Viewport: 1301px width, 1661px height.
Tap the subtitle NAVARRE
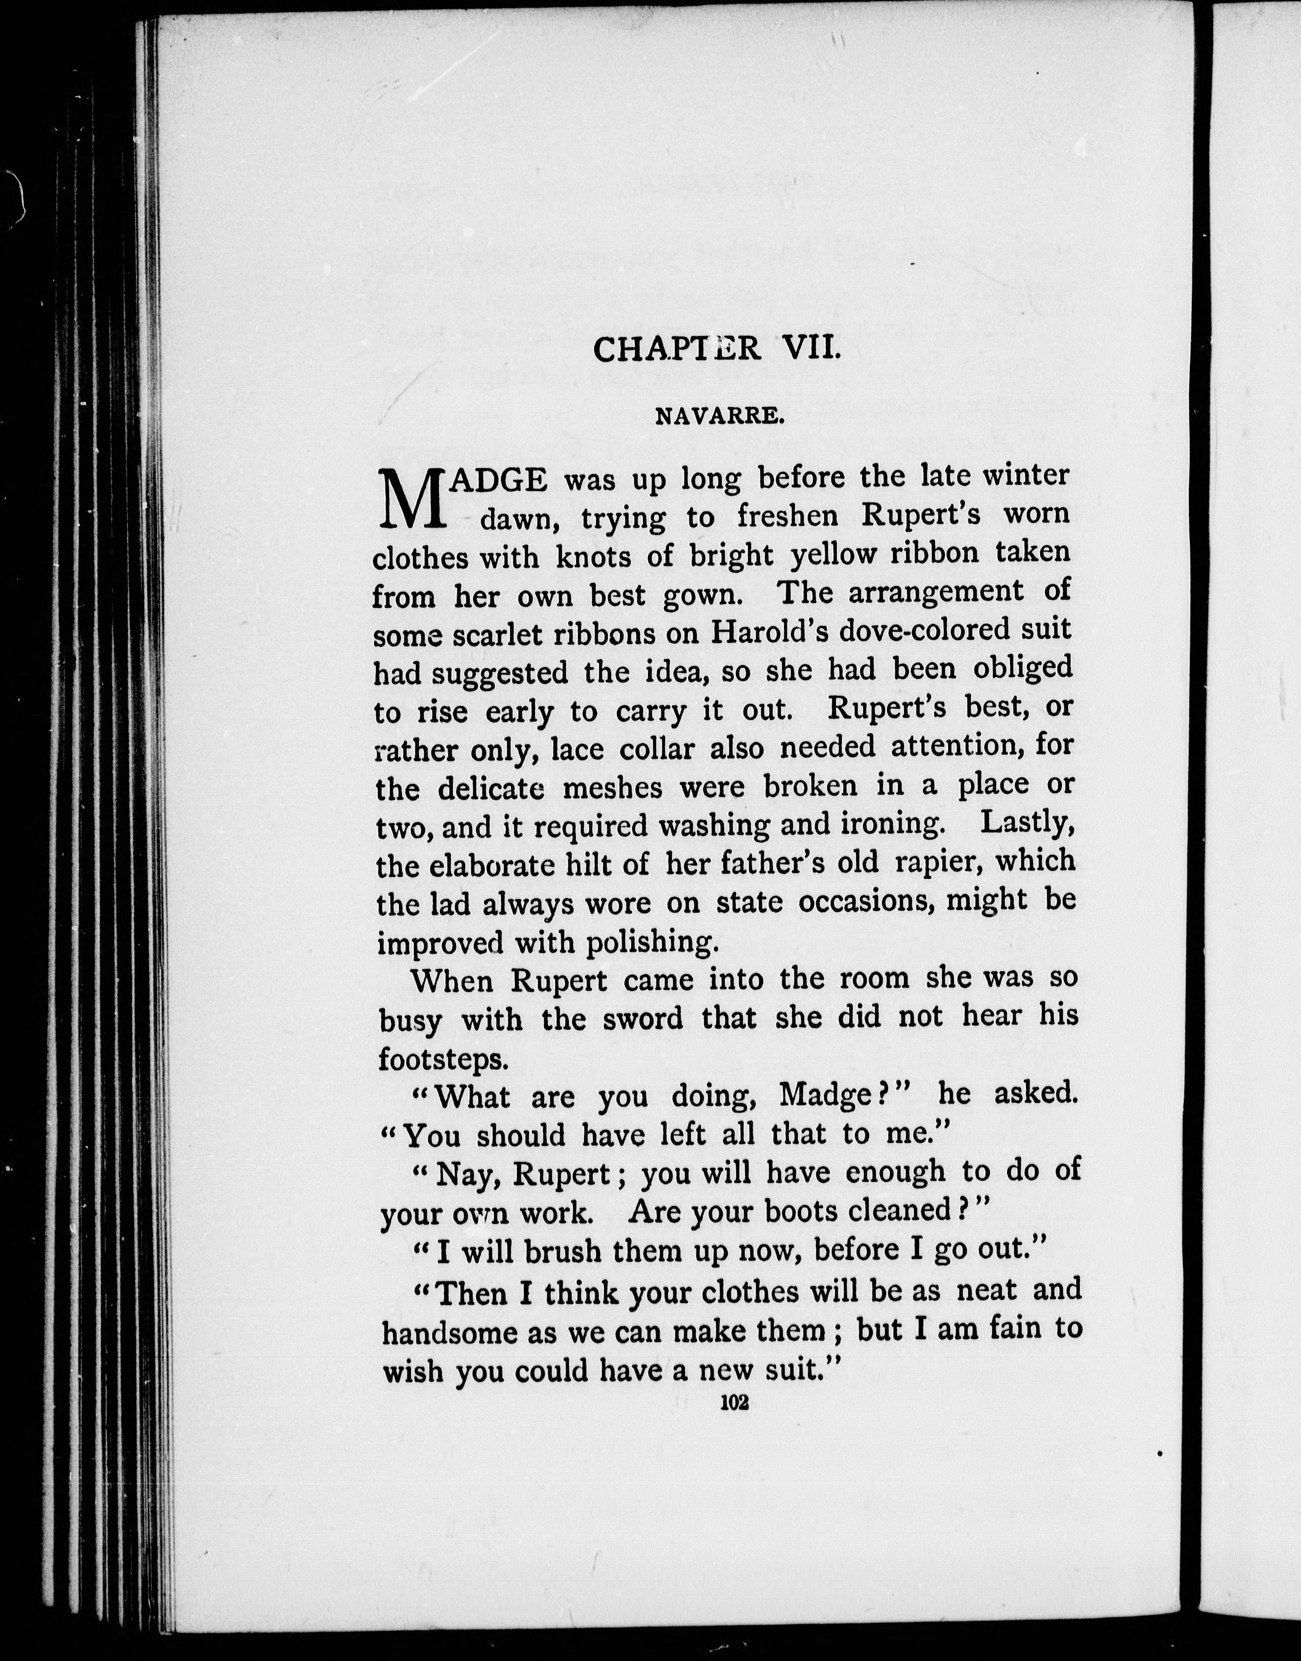[719, 416]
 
